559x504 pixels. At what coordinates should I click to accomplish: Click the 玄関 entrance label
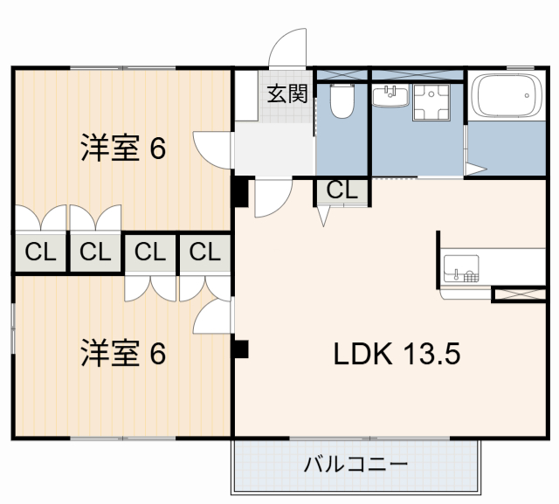(286, 94)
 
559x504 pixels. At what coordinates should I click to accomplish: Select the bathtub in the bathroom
(507, 98)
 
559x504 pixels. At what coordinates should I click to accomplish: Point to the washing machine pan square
(430, 102)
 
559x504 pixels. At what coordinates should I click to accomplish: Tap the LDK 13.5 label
(396, 354)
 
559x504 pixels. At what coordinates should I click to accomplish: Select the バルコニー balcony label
(355, 464)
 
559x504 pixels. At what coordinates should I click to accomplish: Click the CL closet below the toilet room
(342, 190)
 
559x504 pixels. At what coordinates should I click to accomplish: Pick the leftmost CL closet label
(40, 253)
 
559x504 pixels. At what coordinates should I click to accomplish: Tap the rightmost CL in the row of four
(205, 253)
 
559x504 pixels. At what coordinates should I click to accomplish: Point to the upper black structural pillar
(239, 191)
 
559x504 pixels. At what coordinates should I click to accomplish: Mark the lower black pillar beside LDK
(240, 349)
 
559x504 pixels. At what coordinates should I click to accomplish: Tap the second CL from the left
(95, 253)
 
